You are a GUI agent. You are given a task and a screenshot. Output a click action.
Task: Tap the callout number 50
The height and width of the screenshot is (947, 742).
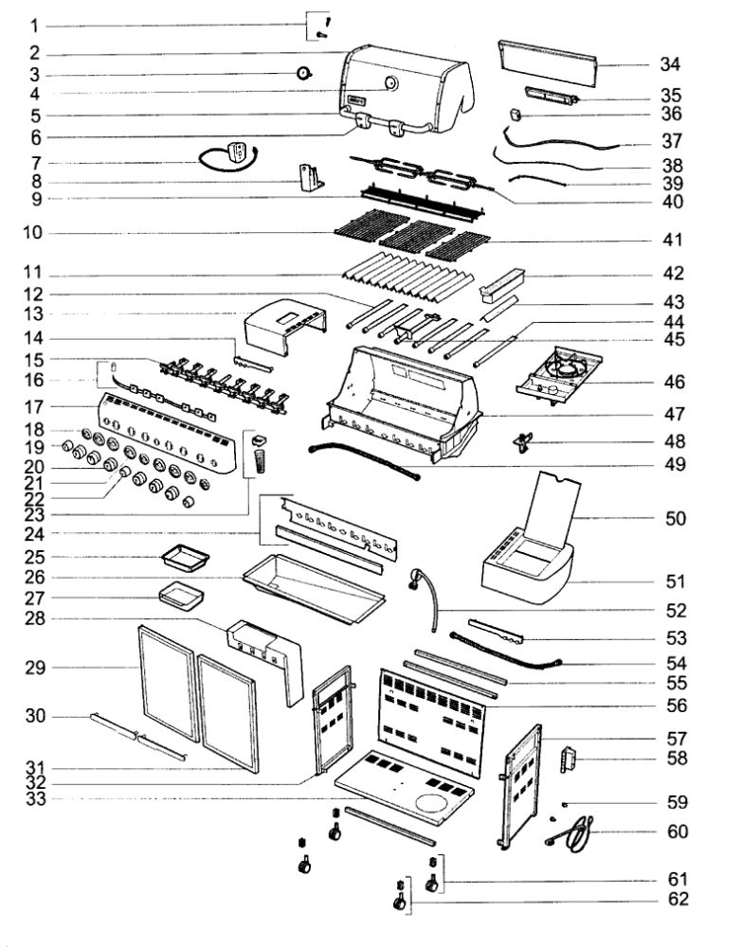669,519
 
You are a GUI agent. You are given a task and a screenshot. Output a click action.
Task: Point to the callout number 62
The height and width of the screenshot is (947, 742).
669,899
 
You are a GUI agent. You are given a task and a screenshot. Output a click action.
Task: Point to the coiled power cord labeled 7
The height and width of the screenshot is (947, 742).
227,157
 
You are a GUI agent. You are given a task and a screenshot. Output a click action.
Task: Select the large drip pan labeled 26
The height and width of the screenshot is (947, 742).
313,587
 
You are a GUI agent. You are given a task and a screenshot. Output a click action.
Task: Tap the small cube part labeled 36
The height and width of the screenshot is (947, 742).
517,114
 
